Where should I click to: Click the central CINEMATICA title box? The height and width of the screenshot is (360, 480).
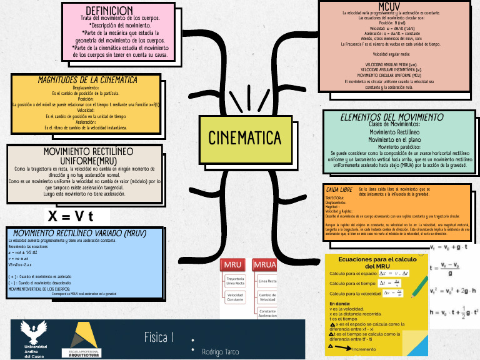click(x=244, y=137)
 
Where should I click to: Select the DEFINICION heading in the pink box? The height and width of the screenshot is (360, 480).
click(x=109, y=11)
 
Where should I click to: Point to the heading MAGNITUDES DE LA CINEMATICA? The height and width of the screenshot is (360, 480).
click(x=87, y=80)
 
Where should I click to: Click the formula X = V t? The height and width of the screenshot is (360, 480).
click(x=71, y=216)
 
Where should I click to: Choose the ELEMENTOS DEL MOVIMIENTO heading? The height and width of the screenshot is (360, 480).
click(x=392, y=117)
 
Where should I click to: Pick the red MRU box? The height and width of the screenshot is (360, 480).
click(x=232, y=264)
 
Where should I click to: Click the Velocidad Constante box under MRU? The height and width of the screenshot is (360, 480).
click(x=235, y=297)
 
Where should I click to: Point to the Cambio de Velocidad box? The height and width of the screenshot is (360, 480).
click(x=267, y=297)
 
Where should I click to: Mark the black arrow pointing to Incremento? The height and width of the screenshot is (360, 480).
click(x=341, y=348)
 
